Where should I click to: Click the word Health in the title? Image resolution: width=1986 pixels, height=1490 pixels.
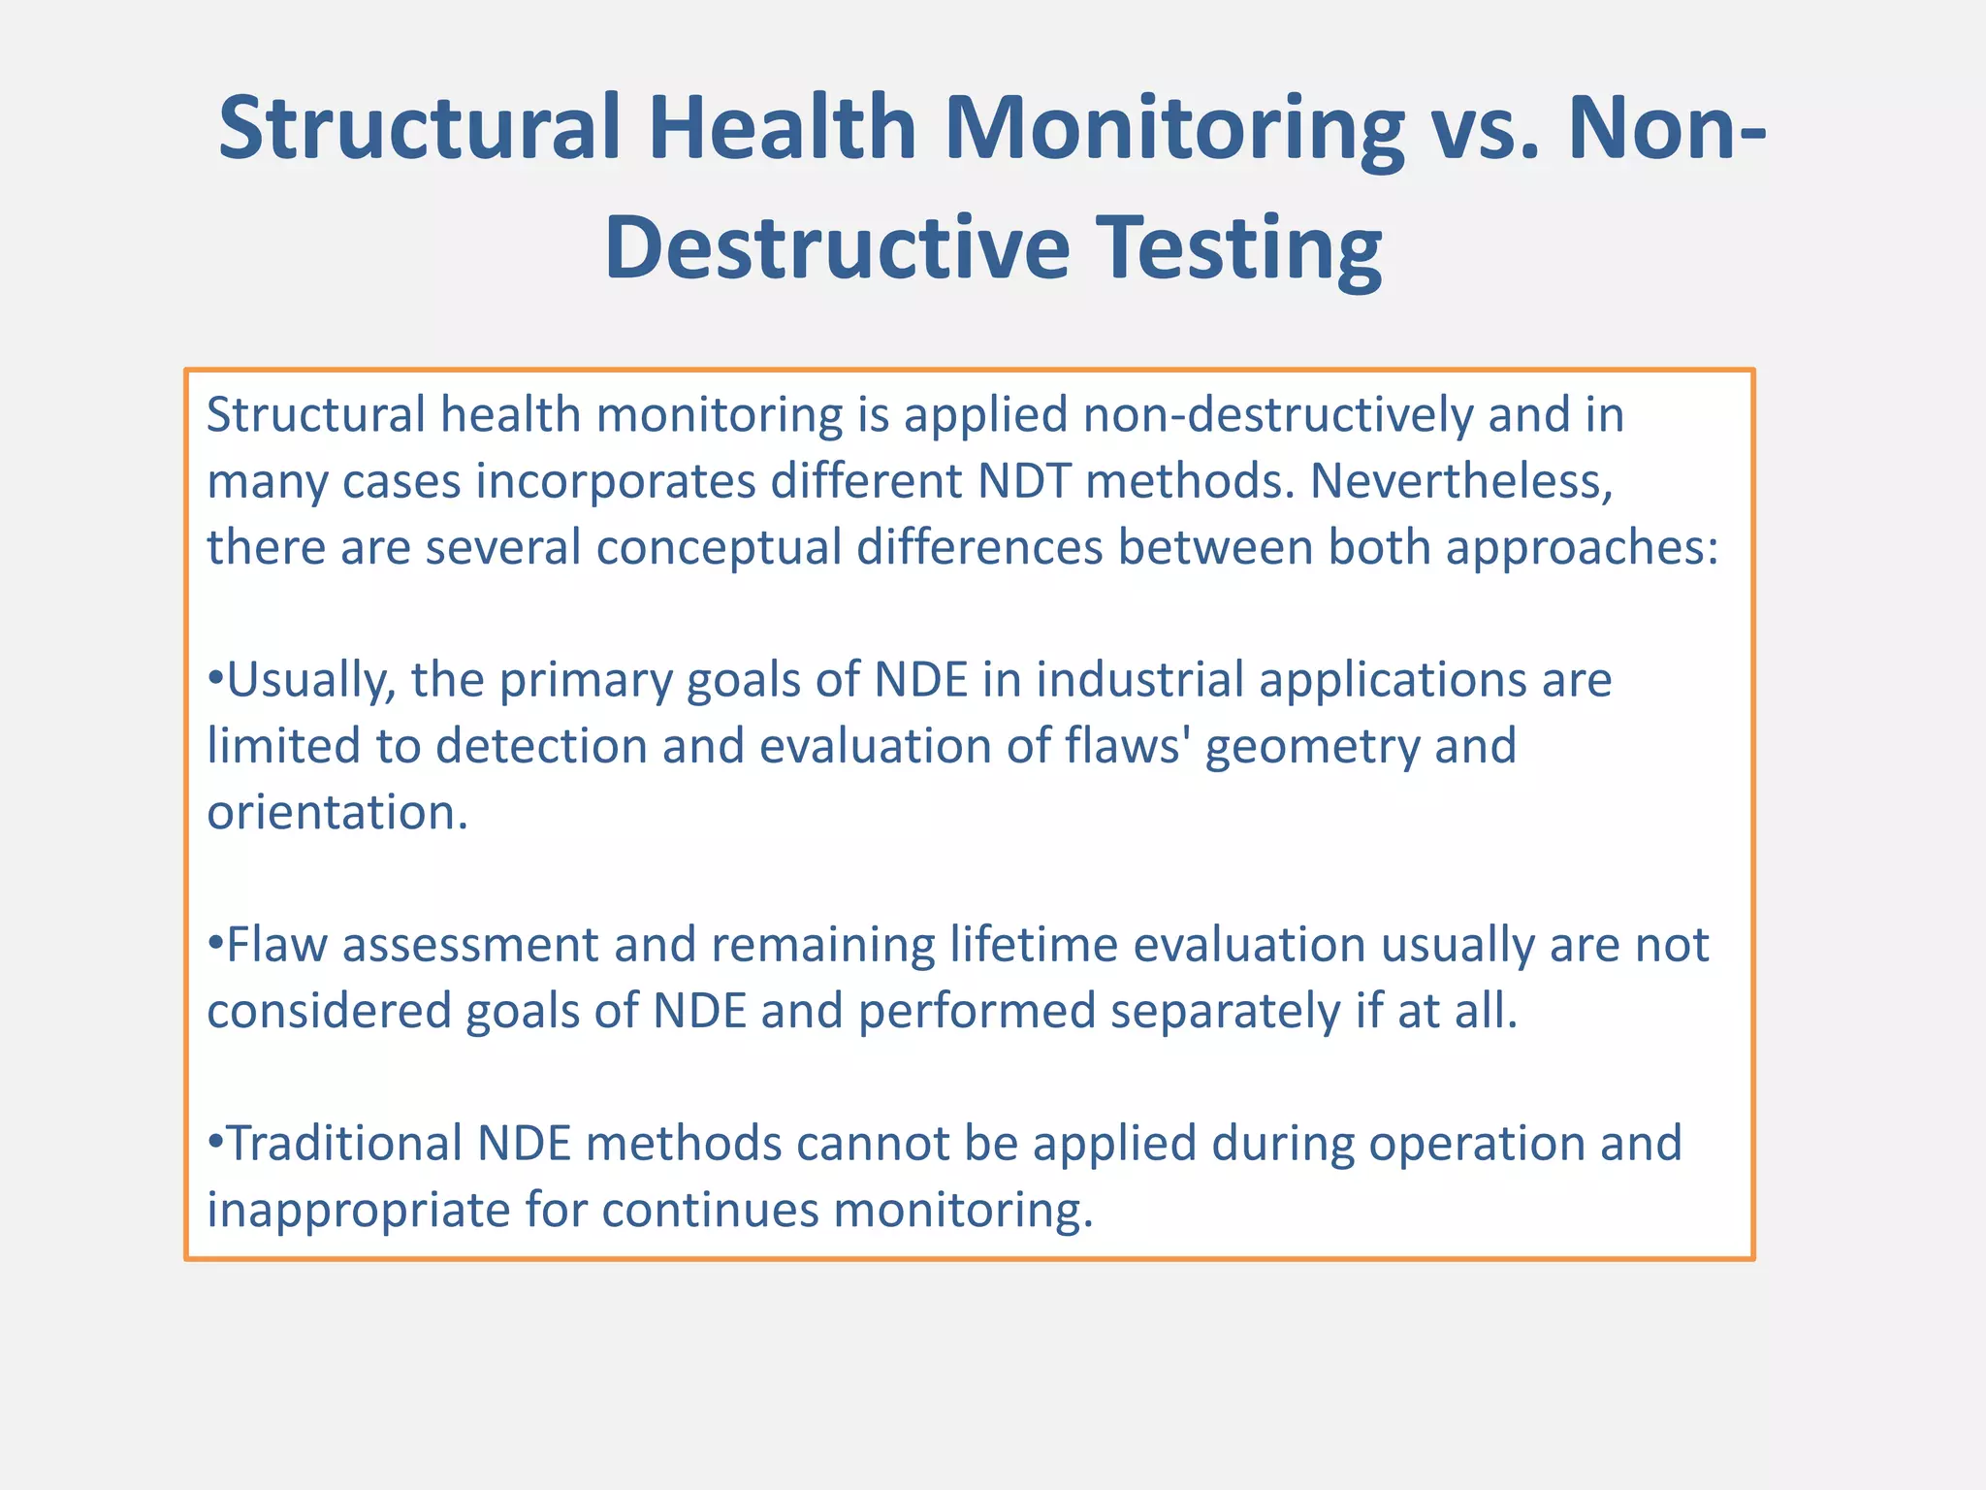click(x=782, y=128)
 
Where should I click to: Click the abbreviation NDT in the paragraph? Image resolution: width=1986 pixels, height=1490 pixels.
click(x=1025, y=481)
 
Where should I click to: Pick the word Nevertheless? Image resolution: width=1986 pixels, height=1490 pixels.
click(x=1461, y=481)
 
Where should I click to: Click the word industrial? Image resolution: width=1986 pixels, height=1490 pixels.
click(x=1139, y=680)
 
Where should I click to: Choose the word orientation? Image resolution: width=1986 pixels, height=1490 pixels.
click(x=336, y=812)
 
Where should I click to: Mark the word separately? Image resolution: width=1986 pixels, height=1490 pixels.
click(x=1226, y=1011)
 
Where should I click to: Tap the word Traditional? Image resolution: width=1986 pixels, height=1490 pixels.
click(x=344, y=1144)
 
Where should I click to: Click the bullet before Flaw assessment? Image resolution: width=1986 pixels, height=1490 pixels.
click(x=215, y=945)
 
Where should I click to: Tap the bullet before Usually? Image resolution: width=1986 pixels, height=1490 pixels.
click(x=215, y=680)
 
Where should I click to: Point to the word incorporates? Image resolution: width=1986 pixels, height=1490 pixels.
click(x=616, y=481)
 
